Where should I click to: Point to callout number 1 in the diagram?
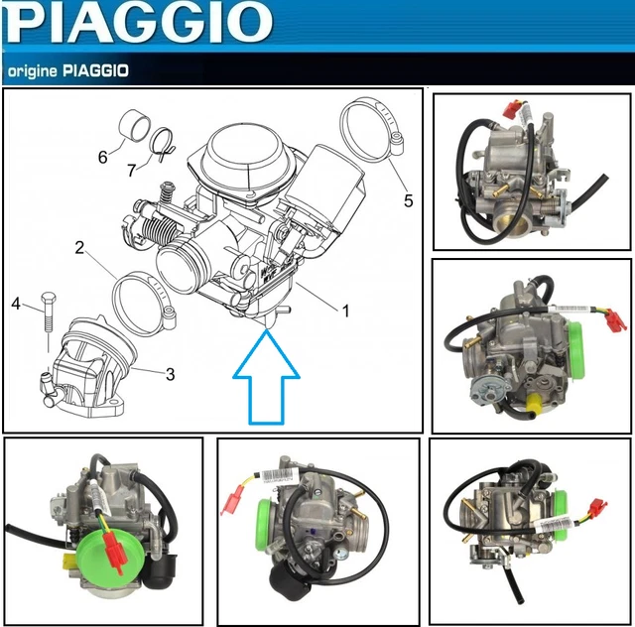click(x=345, y=311)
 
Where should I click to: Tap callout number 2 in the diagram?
click(x=79, y=248)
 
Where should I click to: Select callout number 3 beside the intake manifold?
click(x=170, y=374)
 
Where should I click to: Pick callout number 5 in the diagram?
click(x=408, y=200)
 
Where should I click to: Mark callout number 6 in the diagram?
click(x=102, y=157)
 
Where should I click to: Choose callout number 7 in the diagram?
click(x=132, y=171)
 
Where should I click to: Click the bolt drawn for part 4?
click(x=46, y=322)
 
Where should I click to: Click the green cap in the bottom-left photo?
click(x=101, y=552)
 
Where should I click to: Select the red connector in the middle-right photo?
click(x=616, y=319)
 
